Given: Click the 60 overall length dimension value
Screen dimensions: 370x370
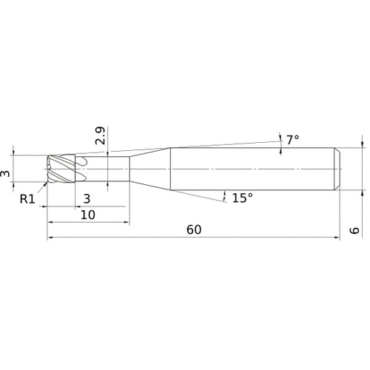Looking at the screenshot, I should pos(194,229).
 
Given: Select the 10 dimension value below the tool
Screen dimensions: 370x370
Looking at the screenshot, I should pos(88,214).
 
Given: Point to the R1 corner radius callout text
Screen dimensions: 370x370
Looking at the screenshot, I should pos(27,198).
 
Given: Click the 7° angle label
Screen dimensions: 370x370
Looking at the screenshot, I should pos(292,139).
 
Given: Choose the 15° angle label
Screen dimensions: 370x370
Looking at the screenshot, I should pos(242,198).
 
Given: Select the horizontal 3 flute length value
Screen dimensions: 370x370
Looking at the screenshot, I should pos(87,198).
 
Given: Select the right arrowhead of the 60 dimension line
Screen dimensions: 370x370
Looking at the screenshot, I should pos(337,238).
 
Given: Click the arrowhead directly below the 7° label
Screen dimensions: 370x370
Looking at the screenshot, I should pos(281,152).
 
